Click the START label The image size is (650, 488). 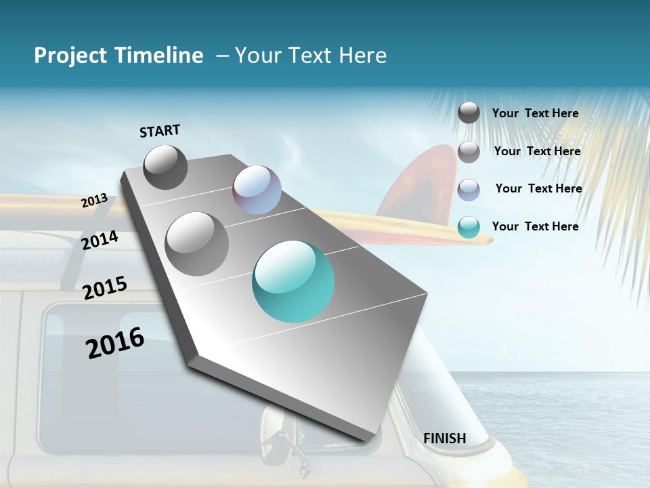(160, 131)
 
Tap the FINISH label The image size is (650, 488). (445, 439)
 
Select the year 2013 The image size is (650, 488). (94, 201)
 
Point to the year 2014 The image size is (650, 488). (100, 241)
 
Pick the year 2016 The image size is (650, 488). (115, 343)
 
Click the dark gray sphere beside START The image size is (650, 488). (165, 167)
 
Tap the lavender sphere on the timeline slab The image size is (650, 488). (257, 190)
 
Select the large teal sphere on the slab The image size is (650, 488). (293, 281)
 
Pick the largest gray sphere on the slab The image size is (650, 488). (197, 244)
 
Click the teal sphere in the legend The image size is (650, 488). (469, 227)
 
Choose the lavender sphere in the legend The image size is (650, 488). (469, 190)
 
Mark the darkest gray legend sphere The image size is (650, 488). (469, 113)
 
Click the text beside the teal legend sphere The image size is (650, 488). (535, 226)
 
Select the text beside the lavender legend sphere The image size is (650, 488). (538, 188)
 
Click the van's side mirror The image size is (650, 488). (277, 425)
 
